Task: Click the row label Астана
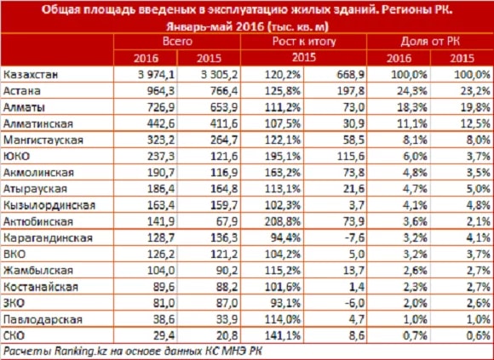tap(22, 91)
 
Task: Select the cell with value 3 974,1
tap(157, 75)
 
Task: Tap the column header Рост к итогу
tap(304, 41)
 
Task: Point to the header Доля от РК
tap(430, 41)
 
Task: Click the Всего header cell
tap(177, 41)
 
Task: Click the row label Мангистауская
tap(43, 140)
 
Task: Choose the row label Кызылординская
tap(49, 205)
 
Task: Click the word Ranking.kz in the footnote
tap(74, 351)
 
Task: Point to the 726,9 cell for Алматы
tap(161, 107)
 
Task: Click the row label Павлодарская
tap(43, 319)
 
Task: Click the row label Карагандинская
tap(48, 237)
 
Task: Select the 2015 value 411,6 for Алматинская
tap(224, 123)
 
